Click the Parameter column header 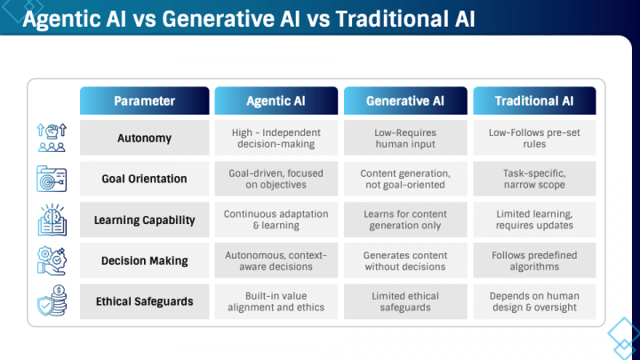(145, 100)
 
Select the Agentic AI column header (275, 100)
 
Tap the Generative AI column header (404, 100)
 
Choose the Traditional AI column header (533, 100)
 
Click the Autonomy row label (145, 138)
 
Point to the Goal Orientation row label (145, 179)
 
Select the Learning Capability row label (145, 220)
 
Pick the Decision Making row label (145, 260)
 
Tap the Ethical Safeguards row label (145, 301)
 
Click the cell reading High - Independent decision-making (275, 138)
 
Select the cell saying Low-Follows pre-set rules (533, 138)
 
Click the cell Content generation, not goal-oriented (404, 179)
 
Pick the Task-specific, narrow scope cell (533, 179)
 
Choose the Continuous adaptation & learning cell (275, 220)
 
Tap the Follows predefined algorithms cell (533, 260)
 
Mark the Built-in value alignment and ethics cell (275, 301)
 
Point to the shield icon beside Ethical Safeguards (50, 301)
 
